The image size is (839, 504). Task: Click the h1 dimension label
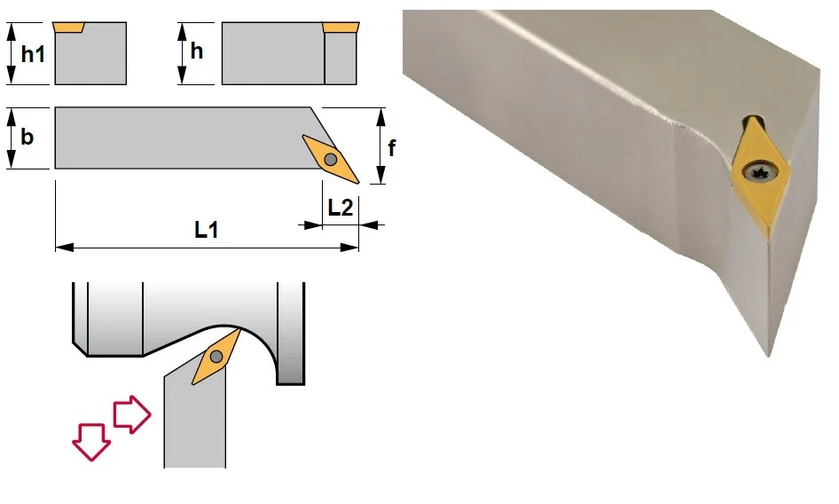click(x=33, y=54)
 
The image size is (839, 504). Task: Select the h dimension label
click(x=197, y=51)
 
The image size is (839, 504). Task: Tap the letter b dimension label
click(x=27, y=137)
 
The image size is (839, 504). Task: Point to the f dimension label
click(x=392, y=148)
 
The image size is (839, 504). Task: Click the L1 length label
click(x=207, y=230)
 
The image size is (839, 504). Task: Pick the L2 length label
click(x=341, y=208)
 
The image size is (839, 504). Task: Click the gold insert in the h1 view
click(x=68, y=27)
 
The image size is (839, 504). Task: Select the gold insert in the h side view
click(x=341, y=28)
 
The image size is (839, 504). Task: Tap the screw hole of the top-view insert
click(x=331, y=159)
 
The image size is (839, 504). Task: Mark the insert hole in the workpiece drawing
click(x=216, y=356)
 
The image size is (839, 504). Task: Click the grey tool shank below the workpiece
click(x=195, y=423)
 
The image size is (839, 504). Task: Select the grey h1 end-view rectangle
click(x=90, y=53)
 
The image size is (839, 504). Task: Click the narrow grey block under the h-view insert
click(x=341, y=59)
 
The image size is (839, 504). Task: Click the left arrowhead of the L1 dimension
click(x=64, y=248)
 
